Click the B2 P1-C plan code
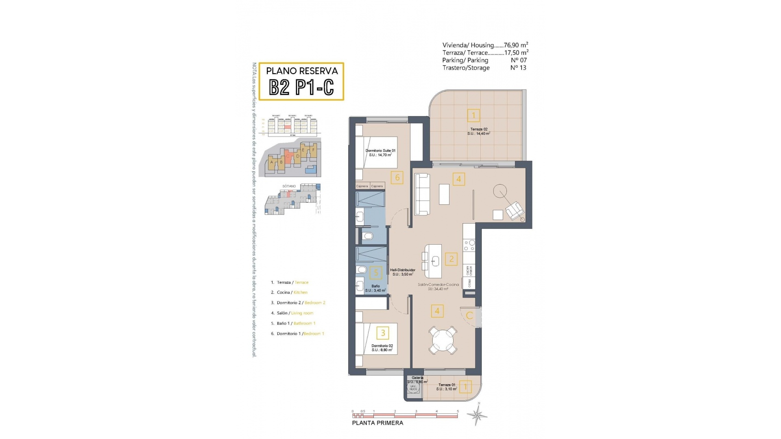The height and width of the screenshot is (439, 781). (301, 87)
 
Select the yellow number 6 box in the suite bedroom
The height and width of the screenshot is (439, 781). (397, 177)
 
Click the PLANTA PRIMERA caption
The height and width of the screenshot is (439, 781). (377, 423)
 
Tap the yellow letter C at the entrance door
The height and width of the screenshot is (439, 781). (469, 315)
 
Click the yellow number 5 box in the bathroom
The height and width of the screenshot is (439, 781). (376, 273)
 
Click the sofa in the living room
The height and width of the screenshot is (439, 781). (422, 194)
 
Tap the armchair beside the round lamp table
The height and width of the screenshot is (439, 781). (514, 210)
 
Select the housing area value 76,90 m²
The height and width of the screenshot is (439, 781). (516, 45)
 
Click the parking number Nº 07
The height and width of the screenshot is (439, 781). (518, 60)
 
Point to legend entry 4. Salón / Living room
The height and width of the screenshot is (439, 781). (292, 313)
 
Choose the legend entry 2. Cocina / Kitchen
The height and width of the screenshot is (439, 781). (289, 292)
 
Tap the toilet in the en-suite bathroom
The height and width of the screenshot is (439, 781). (368, 236)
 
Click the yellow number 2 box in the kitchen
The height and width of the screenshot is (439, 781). (451, 259)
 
